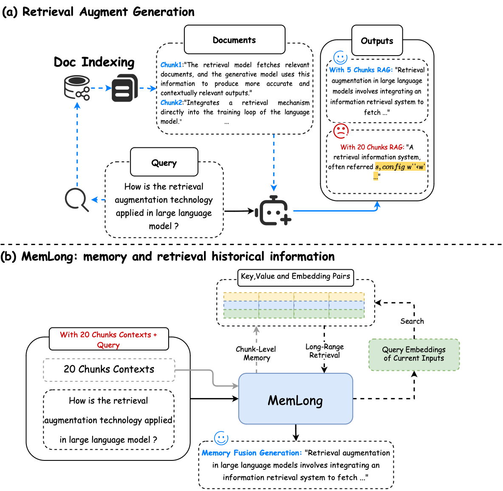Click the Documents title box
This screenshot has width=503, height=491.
point(235,40)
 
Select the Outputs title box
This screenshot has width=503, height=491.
point(377,41)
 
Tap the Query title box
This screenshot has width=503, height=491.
point(164,163)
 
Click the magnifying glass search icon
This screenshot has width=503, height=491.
point(76,199)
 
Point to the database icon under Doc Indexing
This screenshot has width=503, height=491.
point(77,87)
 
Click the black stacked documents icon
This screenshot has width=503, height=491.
point(124,88)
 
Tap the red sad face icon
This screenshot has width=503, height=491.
point(341,131)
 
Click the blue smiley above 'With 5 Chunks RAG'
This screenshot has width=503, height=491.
point(340,57)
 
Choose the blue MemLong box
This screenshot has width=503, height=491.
point(296,399)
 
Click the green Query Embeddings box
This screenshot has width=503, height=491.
point(414,354)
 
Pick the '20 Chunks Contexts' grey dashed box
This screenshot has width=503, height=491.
point(109,370)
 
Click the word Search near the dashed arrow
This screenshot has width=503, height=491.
point(412,321)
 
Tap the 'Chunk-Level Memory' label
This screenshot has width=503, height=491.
point(256,353)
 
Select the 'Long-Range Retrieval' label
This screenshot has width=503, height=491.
point(325,351)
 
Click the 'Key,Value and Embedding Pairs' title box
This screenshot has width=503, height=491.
point(295,277)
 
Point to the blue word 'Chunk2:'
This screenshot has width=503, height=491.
point(171,103)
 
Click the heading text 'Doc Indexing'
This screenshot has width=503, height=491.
point(94,62)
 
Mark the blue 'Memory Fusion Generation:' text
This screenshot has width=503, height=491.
point(251,453)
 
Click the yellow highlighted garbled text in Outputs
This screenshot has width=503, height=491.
point(399,167)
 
